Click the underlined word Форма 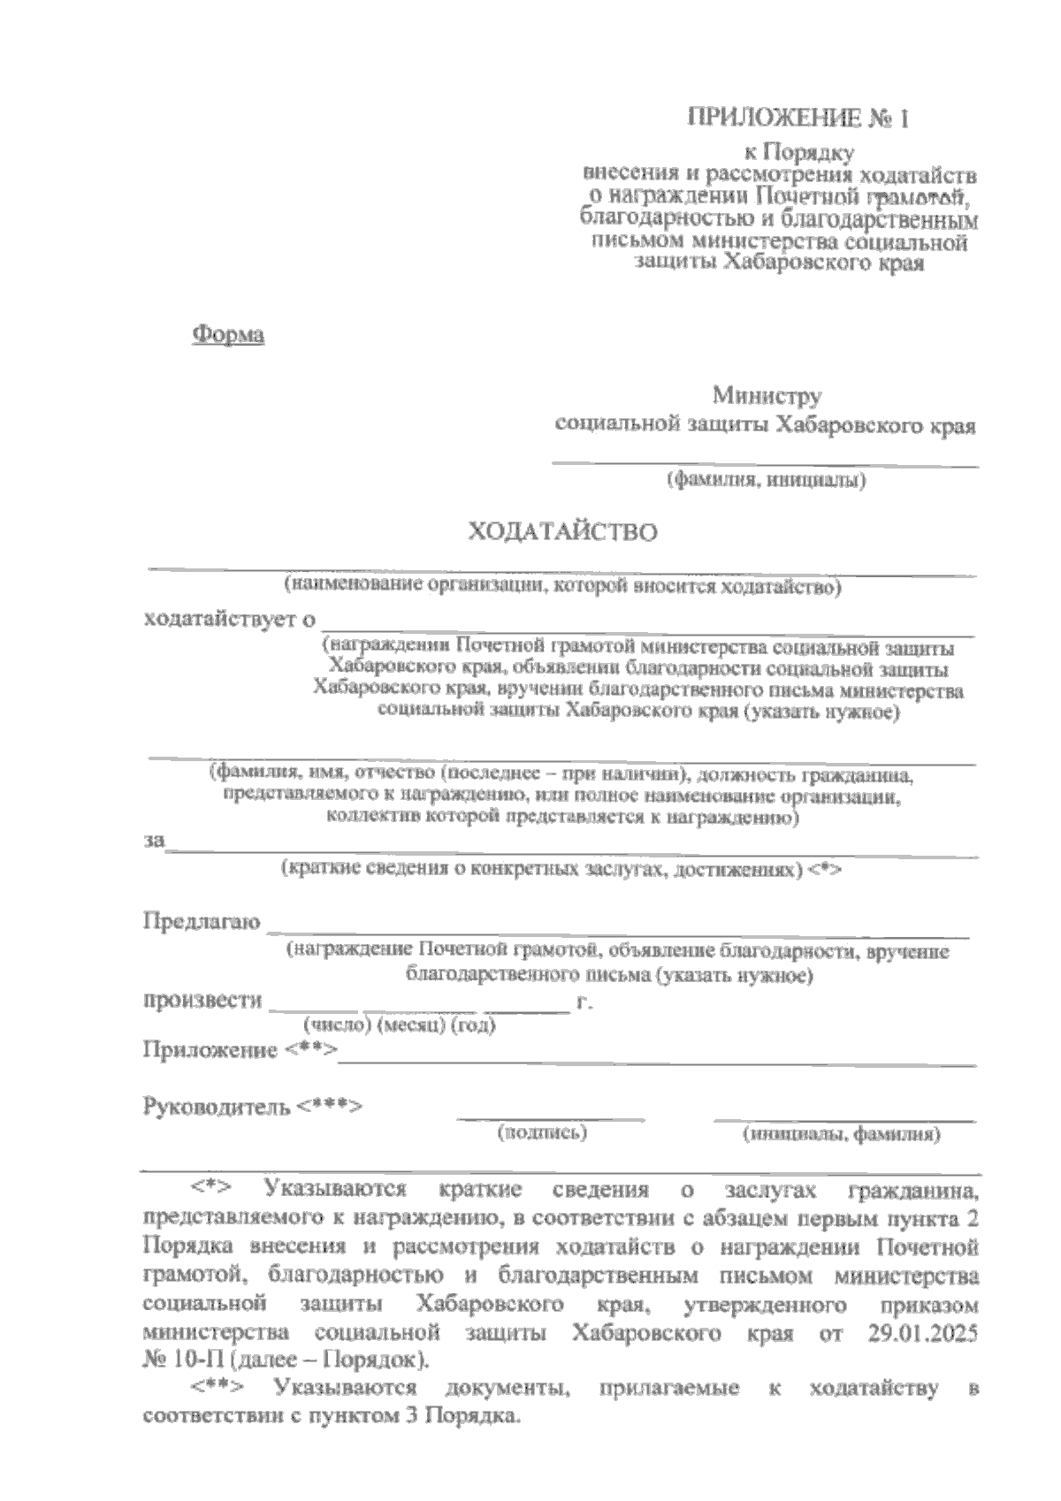click(228, 335)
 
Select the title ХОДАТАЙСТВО click(562, 533)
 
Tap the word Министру click(768, 394)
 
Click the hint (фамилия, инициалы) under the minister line click(765, 481)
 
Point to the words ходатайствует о click(230, 619)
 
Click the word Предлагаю click(202, 923)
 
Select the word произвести click(203, 1001)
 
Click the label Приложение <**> click(240, 1050)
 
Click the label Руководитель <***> click(253, 1106)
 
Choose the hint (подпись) click(543, 1132)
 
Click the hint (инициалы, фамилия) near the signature click(841, 1134)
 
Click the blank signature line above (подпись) click(550, 1119)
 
